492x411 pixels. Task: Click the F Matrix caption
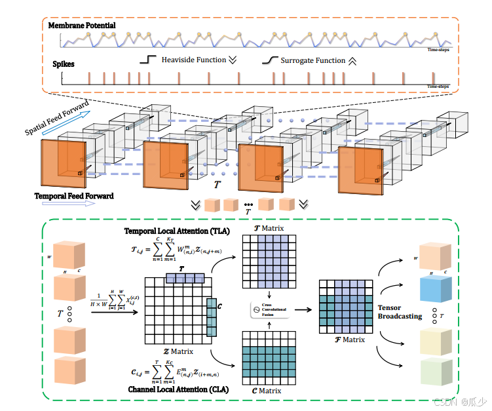pos(349,340)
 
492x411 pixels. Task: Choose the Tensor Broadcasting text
pos(396,312)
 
